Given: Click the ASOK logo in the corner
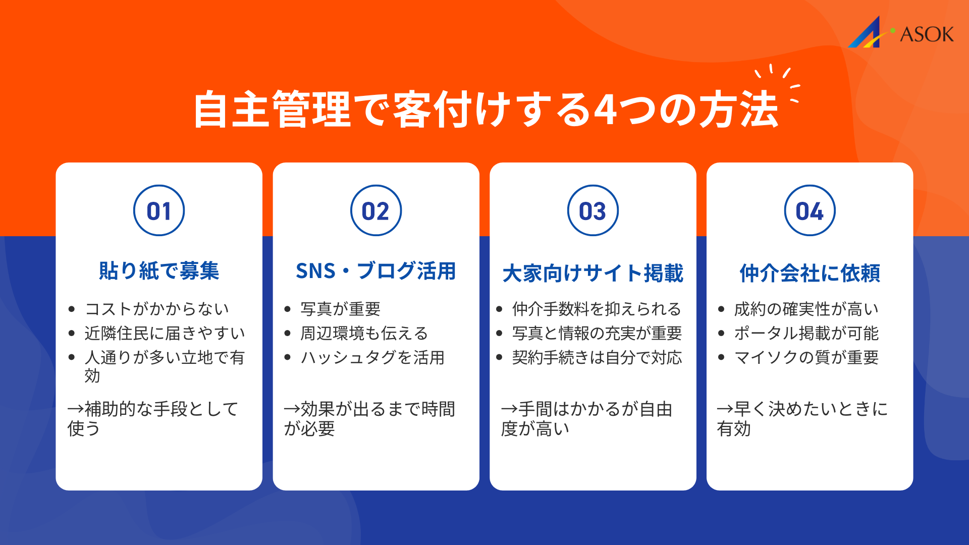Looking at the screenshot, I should [901, 33].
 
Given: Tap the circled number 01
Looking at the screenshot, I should [159, 211].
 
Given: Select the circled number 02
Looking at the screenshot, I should [376, 211].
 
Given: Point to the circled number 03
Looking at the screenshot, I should [593, 211].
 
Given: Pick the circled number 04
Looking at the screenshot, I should [810, 211].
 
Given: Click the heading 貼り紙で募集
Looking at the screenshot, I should [159, 271].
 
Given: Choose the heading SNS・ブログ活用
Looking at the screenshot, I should [376, 271].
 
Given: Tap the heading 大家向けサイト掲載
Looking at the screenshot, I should [593, 273].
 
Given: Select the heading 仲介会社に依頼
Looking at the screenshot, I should [810, 273].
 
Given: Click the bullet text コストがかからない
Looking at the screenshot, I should [157, 309].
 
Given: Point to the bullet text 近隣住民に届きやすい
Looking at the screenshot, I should [165, 333].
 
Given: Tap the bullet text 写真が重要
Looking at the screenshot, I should [340, 309].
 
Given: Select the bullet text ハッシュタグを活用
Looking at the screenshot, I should [372, 357].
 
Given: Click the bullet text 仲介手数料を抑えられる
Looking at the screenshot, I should [597, 309].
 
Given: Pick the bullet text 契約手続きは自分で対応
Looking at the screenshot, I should [597, 357].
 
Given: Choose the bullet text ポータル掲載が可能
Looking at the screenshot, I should [806, 333].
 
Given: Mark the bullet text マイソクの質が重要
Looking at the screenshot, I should [806, 357].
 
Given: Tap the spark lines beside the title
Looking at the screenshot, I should [780, 81].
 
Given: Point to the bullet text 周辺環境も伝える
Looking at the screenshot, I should [364, 333].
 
